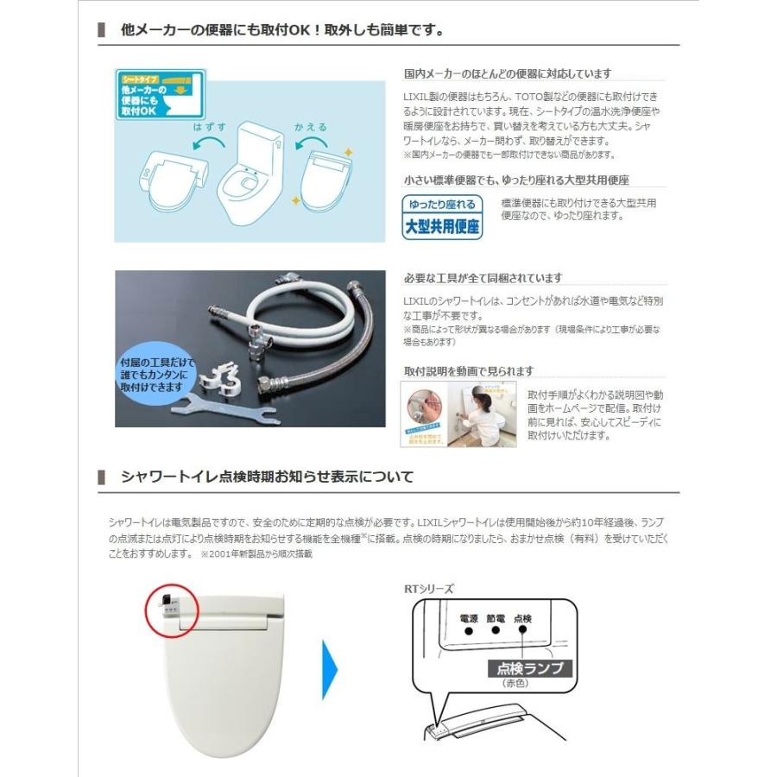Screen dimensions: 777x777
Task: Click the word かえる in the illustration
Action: (x=311, y=127)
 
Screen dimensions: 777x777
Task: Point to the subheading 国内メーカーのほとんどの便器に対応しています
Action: (x=507, y=74)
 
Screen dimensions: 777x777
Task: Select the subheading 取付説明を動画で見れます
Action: (x=468, y=371)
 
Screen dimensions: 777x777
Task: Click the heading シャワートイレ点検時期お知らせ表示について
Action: (x=268, y=477)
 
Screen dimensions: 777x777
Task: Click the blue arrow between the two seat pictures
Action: (x=330, y=669)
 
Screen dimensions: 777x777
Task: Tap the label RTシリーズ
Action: (x=428, y=589)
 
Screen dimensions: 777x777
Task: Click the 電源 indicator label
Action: (x=469, y=618)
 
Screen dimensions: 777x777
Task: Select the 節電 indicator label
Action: (x=496, y=618)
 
